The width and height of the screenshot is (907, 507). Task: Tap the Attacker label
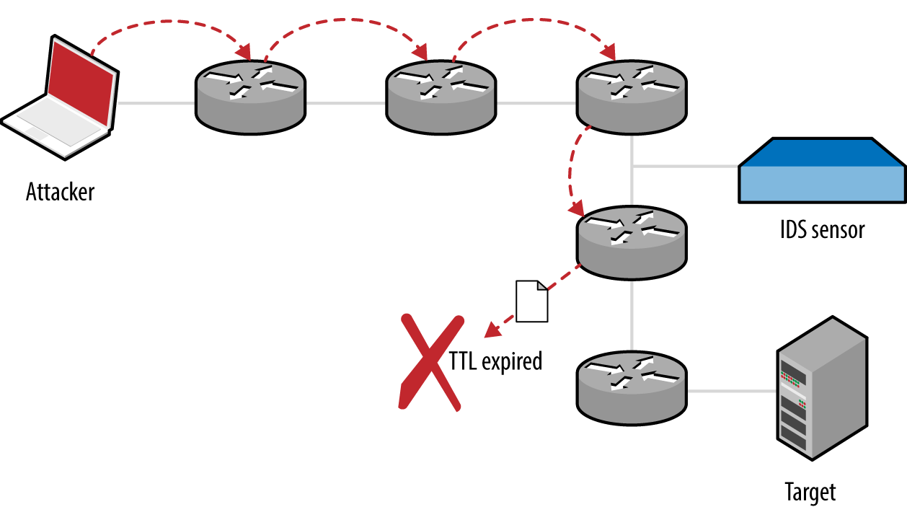(60, 193)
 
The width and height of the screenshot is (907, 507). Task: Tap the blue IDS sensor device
(822, 173)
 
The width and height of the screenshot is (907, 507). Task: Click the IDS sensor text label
(822, 230)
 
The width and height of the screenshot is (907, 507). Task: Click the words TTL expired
(495, 361)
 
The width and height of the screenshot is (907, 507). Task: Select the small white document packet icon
(532, 301)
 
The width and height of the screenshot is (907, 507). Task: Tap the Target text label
(810, 492)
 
